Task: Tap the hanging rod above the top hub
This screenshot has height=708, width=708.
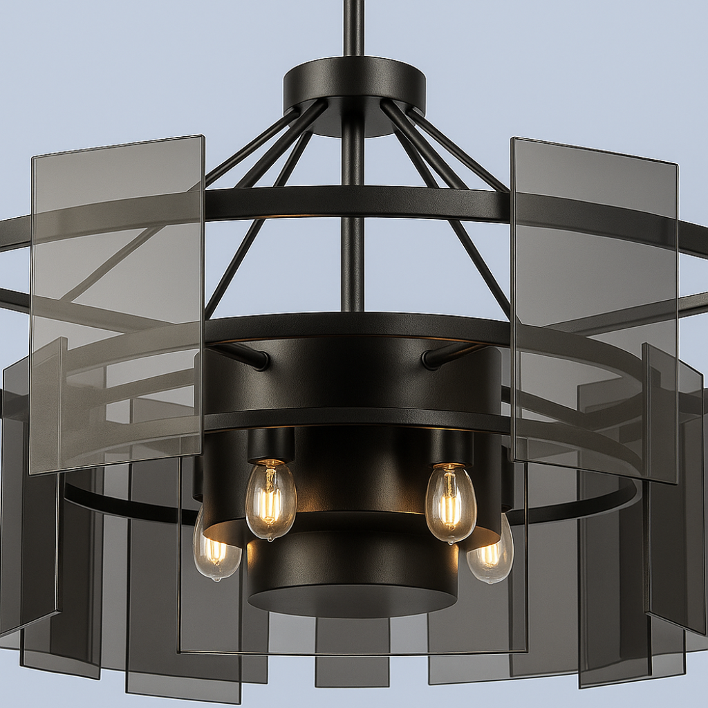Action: point(353,28)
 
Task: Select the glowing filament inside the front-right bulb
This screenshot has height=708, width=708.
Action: point(449,508)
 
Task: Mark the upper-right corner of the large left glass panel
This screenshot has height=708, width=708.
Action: point(203,137)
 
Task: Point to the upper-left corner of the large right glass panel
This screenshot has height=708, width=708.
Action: point(512,139)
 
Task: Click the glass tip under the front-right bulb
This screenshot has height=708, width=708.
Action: point(453,541)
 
